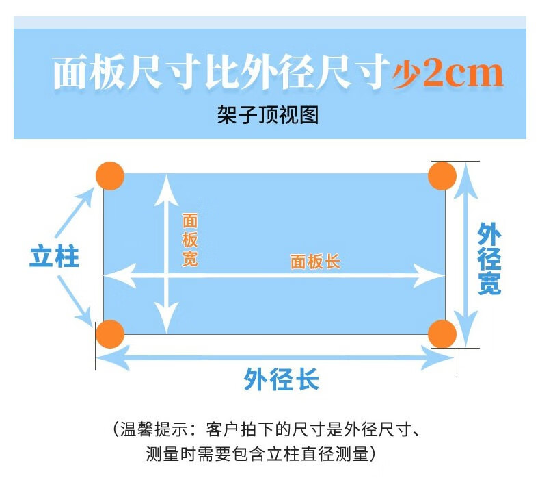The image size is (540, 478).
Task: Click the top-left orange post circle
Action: point(109,176)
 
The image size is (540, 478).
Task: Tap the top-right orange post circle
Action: point(442,176)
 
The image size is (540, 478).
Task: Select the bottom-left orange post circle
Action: point(109,334)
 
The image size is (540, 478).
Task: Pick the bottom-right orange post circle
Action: point(442,334)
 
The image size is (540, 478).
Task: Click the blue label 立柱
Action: point(54,257)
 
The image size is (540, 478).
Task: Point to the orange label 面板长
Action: point(315,262)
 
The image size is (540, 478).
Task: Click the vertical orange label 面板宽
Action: point(189,240)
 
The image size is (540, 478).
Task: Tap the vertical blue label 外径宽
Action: point(489,258)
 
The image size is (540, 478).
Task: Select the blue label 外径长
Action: point(281,379)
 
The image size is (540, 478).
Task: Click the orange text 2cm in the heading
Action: point(462,74)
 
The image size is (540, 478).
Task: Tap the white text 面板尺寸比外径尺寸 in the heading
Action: point(220,74)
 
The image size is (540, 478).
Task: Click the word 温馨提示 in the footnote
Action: point(152,431)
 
